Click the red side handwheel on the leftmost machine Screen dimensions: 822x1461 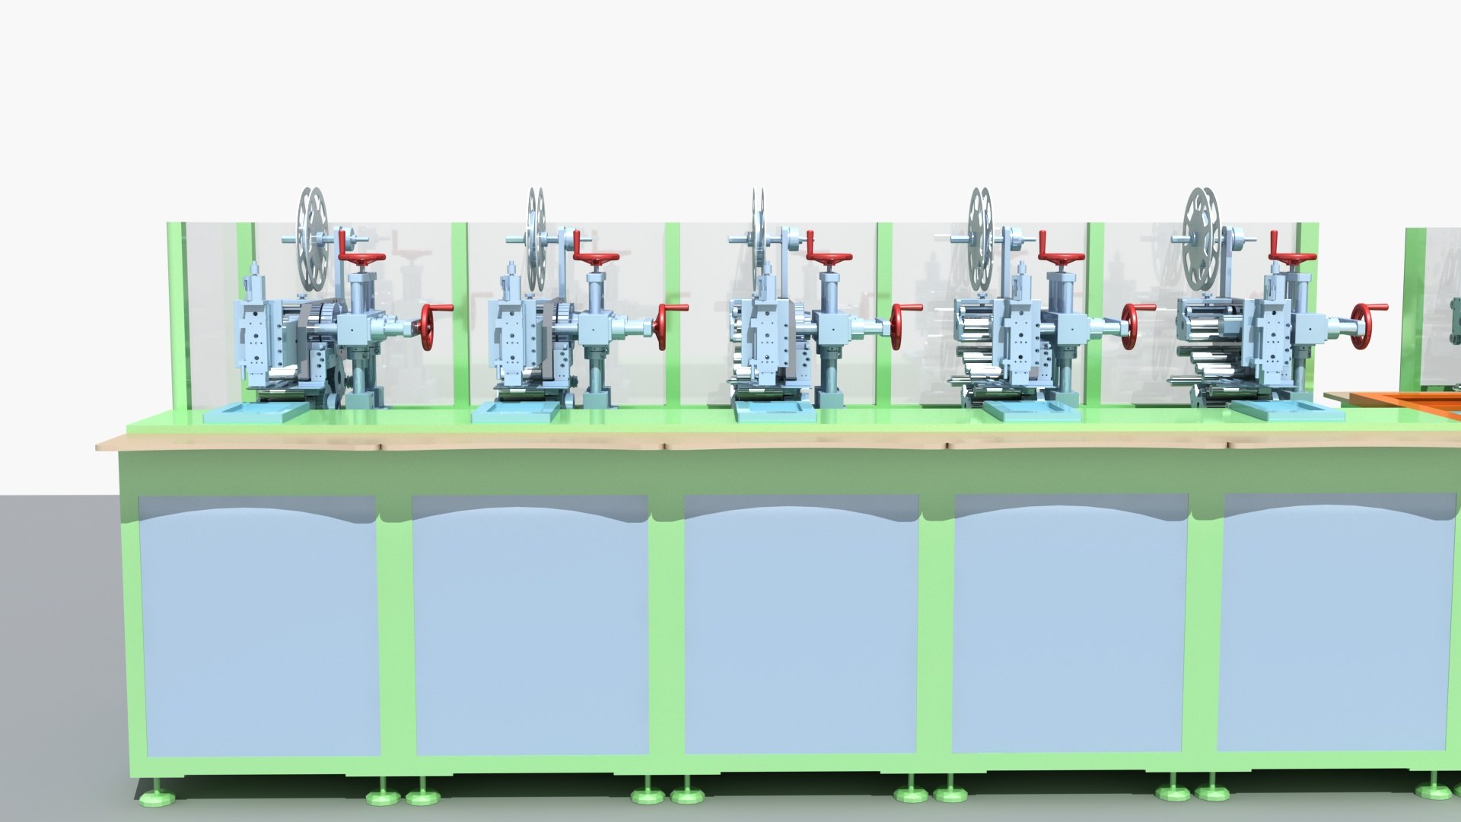[x=428, y=327]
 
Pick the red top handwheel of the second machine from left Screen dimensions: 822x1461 [x=596, y=259]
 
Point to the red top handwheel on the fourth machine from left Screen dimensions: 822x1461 [x=1061, y=259]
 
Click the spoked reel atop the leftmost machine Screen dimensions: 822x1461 [x=311, y=239]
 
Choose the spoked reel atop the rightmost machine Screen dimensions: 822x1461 [x=1201, y=239]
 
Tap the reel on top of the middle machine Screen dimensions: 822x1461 [x=758, y=239]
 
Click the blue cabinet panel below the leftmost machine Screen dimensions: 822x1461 [x=259, y=624]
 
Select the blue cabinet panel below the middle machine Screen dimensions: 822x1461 [x=801, y=624]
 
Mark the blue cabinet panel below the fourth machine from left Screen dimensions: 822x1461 [x=1070, y=624]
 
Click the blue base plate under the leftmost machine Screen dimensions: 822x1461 [x=254, y=412]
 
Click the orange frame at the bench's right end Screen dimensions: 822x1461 [x=1393, y=399]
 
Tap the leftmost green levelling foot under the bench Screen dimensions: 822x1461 [x=158, y=796]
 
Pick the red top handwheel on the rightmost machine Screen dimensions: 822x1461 [x=1292, y=259]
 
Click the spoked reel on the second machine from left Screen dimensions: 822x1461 [x=536, y=239]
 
